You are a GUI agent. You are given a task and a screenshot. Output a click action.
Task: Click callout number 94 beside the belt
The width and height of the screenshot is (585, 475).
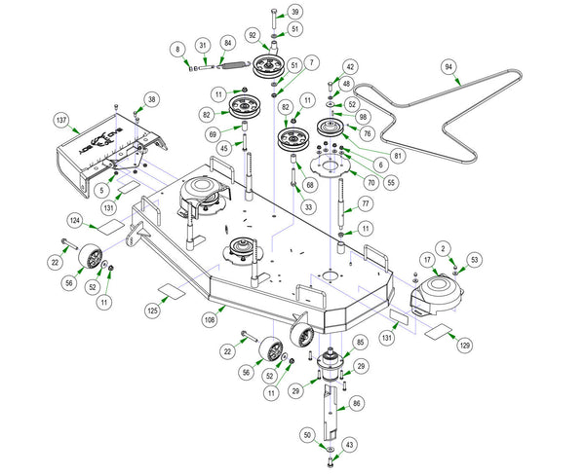pos(448,67)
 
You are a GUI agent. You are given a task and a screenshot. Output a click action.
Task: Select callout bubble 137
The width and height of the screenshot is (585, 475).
pos(61,121)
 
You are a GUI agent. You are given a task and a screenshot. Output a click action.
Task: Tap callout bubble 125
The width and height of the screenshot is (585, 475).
pos(151,311)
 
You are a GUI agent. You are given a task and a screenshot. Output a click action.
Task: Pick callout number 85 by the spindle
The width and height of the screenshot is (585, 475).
pos(360,342)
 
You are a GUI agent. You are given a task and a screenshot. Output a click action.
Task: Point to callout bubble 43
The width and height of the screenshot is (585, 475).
pos(350,445)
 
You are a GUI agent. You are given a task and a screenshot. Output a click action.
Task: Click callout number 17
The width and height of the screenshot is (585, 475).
pos(427,260)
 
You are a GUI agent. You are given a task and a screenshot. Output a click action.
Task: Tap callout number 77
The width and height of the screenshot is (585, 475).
pos(366,205)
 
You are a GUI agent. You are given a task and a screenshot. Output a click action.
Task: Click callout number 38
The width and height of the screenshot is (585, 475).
pos(151,99)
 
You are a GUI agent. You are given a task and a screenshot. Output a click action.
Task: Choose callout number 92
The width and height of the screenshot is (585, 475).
pos(253,35)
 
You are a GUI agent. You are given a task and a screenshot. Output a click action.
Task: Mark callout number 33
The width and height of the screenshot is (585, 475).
pos(308,206)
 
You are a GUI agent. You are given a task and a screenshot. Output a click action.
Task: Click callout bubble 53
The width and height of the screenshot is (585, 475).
pos(475,260)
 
